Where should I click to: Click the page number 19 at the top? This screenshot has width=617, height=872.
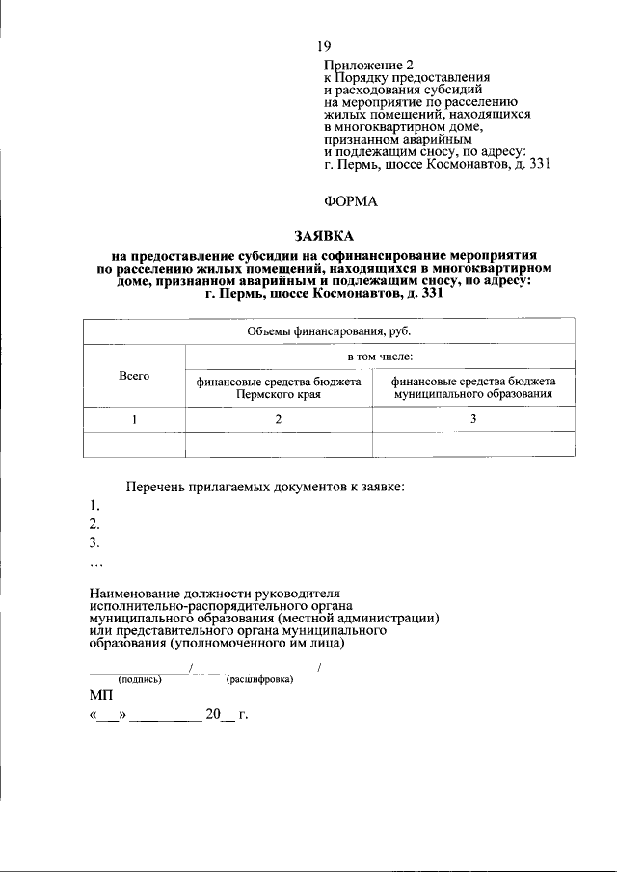[325, 46]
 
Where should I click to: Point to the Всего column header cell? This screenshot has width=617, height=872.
[134, 376]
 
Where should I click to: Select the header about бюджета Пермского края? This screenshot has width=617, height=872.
[279, 387]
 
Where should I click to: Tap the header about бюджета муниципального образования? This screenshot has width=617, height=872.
[472, 387]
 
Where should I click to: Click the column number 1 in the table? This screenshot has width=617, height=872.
[134, 419]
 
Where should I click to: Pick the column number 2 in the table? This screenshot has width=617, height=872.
[279, 419]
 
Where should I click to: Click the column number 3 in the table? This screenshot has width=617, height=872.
[472, 419]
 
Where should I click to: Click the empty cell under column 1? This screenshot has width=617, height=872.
[134, 443]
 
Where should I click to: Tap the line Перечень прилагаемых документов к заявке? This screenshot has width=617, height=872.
[266, 487]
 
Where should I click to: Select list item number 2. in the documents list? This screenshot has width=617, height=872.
[94, 524]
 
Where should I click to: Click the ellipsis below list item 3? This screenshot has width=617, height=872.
[94, 563]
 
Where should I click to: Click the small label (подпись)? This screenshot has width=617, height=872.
[140, 680]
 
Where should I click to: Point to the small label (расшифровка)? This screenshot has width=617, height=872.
[259, 680]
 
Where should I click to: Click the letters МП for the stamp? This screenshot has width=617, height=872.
[100, 695]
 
